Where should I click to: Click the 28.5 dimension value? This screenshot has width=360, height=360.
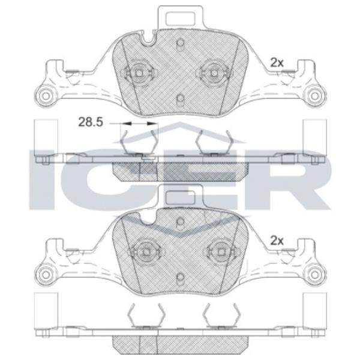91,122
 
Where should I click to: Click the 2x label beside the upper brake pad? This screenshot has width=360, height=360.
277,62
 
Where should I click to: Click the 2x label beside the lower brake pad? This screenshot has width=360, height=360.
277,241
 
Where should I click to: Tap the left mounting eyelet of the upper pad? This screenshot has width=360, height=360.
46,96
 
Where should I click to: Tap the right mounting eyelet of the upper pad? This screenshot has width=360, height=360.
314,96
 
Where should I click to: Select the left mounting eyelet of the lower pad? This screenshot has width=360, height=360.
46,275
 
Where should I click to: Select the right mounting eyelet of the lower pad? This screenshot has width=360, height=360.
314,275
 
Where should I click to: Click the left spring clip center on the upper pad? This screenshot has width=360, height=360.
139,73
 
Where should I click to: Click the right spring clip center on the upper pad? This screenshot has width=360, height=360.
214,73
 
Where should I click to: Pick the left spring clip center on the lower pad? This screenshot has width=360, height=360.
146,252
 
